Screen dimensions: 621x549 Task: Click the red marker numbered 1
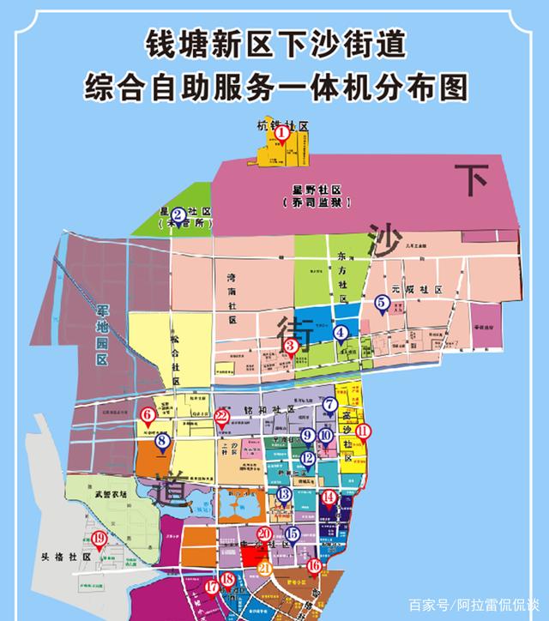point(278,134)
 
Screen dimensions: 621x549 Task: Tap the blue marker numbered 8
point(162,443)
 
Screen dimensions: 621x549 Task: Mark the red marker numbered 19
point(99,539)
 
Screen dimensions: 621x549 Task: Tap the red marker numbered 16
point(315,565)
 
